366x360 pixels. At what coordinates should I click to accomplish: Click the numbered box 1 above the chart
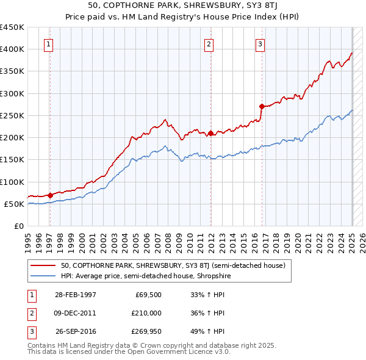point(48,44)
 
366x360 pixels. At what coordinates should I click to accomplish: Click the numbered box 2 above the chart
point(209,44)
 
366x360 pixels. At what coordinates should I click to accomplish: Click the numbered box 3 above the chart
point(260,44)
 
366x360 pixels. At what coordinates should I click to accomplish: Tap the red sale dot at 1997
point(50,195)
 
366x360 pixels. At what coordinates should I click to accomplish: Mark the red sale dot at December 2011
point(210,133)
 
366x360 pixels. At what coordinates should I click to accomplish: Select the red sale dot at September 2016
point(262,107)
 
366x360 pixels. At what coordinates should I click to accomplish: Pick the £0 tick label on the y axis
point(18,226)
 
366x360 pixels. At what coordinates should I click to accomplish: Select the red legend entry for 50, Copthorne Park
point(178,265)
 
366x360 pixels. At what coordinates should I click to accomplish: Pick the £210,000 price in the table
point(144,313)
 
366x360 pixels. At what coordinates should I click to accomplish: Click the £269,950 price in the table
point(144,332)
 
